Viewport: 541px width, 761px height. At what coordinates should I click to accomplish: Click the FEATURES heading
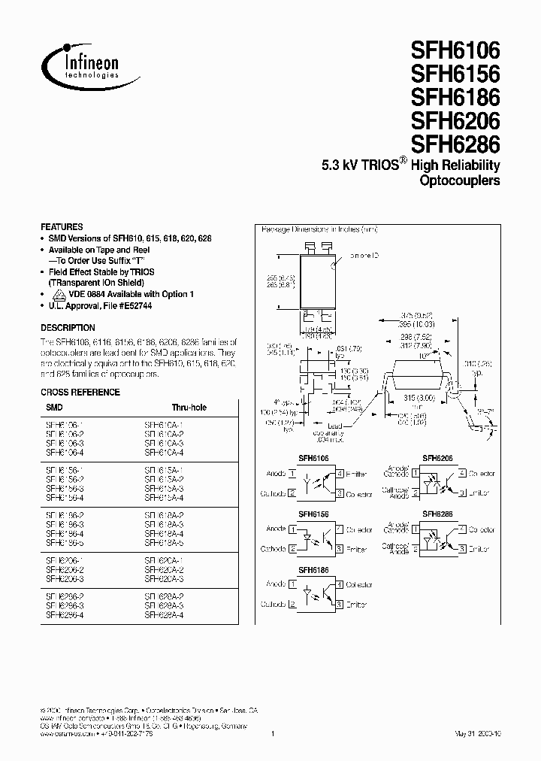62,226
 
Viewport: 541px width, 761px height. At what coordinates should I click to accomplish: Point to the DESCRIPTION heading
68,328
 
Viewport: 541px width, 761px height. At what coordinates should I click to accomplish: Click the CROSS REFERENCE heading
80,392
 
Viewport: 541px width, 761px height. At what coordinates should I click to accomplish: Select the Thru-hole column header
188,408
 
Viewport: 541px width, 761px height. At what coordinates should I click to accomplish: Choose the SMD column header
54,408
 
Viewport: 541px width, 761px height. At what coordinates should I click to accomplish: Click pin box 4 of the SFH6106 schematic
340,474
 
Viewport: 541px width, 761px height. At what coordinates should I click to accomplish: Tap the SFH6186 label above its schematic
313,571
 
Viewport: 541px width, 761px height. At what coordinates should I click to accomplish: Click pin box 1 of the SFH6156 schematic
292,529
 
